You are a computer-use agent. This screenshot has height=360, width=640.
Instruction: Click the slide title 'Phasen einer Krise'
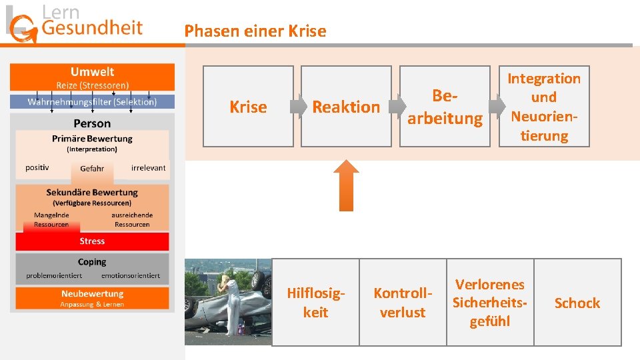click(x=255, y=31)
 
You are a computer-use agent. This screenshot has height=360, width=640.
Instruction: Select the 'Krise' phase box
click(x=248, y=107)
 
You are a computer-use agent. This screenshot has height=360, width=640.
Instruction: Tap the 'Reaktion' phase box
click(x=346, y=107)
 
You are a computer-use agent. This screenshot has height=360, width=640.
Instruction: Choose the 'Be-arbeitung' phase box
click(x=445, y=107)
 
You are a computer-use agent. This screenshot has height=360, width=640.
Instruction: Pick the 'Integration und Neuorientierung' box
click(x=544, y=107)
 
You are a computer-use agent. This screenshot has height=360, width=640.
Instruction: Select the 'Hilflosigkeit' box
click(x=315, y=302)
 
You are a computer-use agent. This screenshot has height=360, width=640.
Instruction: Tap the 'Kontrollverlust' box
click(x=403, y=302)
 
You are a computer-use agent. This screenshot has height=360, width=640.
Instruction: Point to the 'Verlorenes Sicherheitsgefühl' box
click(x=490, y=302)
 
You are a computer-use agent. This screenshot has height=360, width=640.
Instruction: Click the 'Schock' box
click(x=577, y=303)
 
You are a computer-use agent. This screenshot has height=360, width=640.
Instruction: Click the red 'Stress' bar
click(x=92, y=241)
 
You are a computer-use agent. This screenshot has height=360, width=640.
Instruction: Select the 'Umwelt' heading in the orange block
click(x=92, y=72)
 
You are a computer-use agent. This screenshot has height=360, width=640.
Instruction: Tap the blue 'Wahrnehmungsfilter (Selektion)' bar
click(x=92, y=102)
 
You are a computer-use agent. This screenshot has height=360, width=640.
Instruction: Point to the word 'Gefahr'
click(x=92, y=169)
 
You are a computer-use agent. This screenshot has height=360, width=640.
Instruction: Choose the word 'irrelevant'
click(x=148, y=167)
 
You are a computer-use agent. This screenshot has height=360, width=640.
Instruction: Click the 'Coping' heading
click(x=92, y=262)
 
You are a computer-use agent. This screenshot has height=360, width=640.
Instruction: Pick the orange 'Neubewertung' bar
click(x=92, y=298)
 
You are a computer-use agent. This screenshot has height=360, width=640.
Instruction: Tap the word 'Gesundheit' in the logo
click(x=92, y=27)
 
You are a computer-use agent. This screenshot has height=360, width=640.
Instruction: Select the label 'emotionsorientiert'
click(x=131, y=275)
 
